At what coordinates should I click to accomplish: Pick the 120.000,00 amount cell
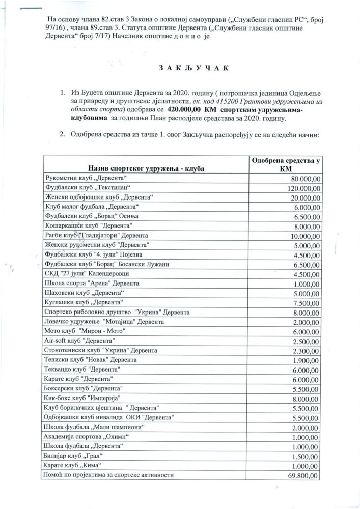(299, 188)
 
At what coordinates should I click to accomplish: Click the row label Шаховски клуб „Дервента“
(85, 293)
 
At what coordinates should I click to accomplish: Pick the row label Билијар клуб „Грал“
(74, 456)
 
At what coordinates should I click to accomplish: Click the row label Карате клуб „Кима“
(74, 465)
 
